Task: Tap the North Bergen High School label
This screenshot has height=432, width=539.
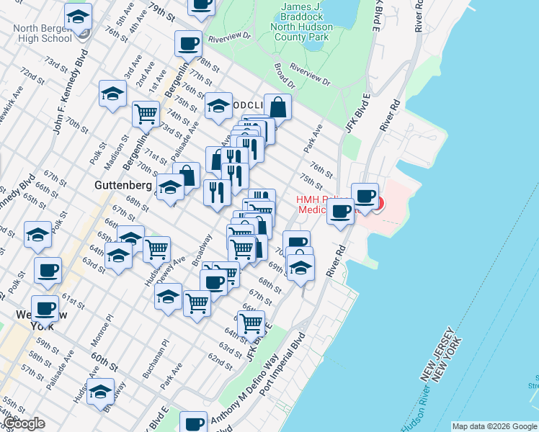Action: pyautogui.click(x=43, y=33)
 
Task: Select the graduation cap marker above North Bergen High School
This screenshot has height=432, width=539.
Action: pyautogui.click(x=78, y=17)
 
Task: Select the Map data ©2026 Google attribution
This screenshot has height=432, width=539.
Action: pyautogui.click(x=494, y=426)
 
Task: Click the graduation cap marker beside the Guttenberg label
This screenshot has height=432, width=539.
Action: pyautogui.click(x=169, y=189)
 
